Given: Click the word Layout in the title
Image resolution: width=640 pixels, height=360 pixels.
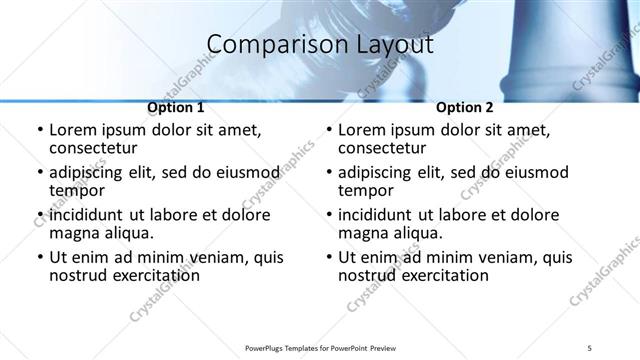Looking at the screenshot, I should pos(398,45).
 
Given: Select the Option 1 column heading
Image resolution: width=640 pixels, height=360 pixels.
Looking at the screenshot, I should pos(176,108).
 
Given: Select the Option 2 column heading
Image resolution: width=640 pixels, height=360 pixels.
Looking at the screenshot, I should pos(465,108).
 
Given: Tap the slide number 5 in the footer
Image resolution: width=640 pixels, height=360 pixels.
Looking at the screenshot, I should pos(590,347).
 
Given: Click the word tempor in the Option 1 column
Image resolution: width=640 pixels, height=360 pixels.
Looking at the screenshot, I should pos(77,190).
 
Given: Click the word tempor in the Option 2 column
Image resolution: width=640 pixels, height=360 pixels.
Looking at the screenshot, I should pos(366,190).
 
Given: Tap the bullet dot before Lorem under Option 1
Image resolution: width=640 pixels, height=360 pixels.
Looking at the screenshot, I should pos(39,131).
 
